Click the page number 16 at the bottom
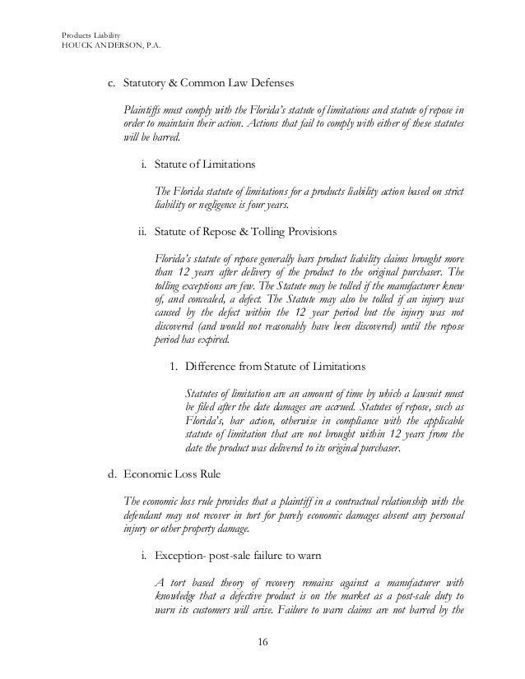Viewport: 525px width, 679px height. pyautogui.click(x=262, y=640)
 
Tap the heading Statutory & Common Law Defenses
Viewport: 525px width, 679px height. pyautogui.click(x=207, y=83)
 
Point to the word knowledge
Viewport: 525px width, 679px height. pyautogui.click(x=179, y=596)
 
